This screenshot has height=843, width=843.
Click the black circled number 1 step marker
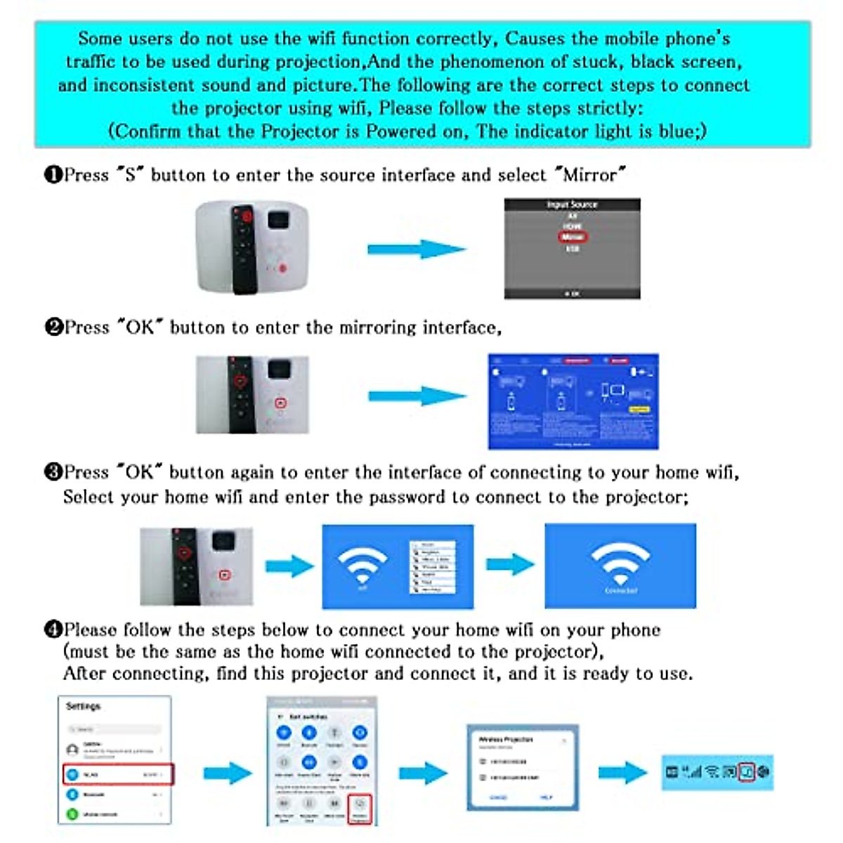pyautogui.click(x=53, y=174)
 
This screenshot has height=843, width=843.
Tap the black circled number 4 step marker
pyautogui.click(x=53, y=629)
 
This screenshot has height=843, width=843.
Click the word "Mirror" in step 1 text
pyautogui.click(x=589, y=174)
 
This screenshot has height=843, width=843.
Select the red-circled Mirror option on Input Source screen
pyautogui.click(x=572, y=237)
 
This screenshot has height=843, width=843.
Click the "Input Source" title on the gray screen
pyautogui.click(x=572, y=204)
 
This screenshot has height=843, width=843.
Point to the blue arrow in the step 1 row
pyautogui.click(x=416, y=249)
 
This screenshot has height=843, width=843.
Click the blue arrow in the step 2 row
pyautogui.click(x=417, y=396)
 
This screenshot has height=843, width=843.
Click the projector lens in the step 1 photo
pyautogui.click(x=278, y=219)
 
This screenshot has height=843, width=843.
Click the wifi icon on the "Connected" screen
pyautogui.click(x=620, y=561)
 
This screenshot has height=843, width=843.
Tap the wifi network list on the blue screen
pyautogui.click(x=432, y=567)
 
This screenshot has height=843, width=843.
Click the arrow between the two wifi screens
pyautogui.click(x=510, y=564)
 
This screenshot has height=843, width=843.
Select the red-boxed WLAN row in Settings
pyautogui.click(x=117, y=774)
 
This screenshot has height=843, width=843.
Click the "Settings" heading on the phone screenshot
pyautogui.click(x=83, y=706)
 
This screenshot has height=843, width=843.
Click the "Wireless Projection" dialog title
pyautogui.click(x=506, y=740)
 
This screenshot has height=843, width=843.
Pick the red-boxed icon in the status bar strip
pyautogui.click(x=747, y=771)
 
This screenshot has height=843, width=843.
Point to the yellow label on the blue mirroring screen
pyautogui.click(x=639, y=409)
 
